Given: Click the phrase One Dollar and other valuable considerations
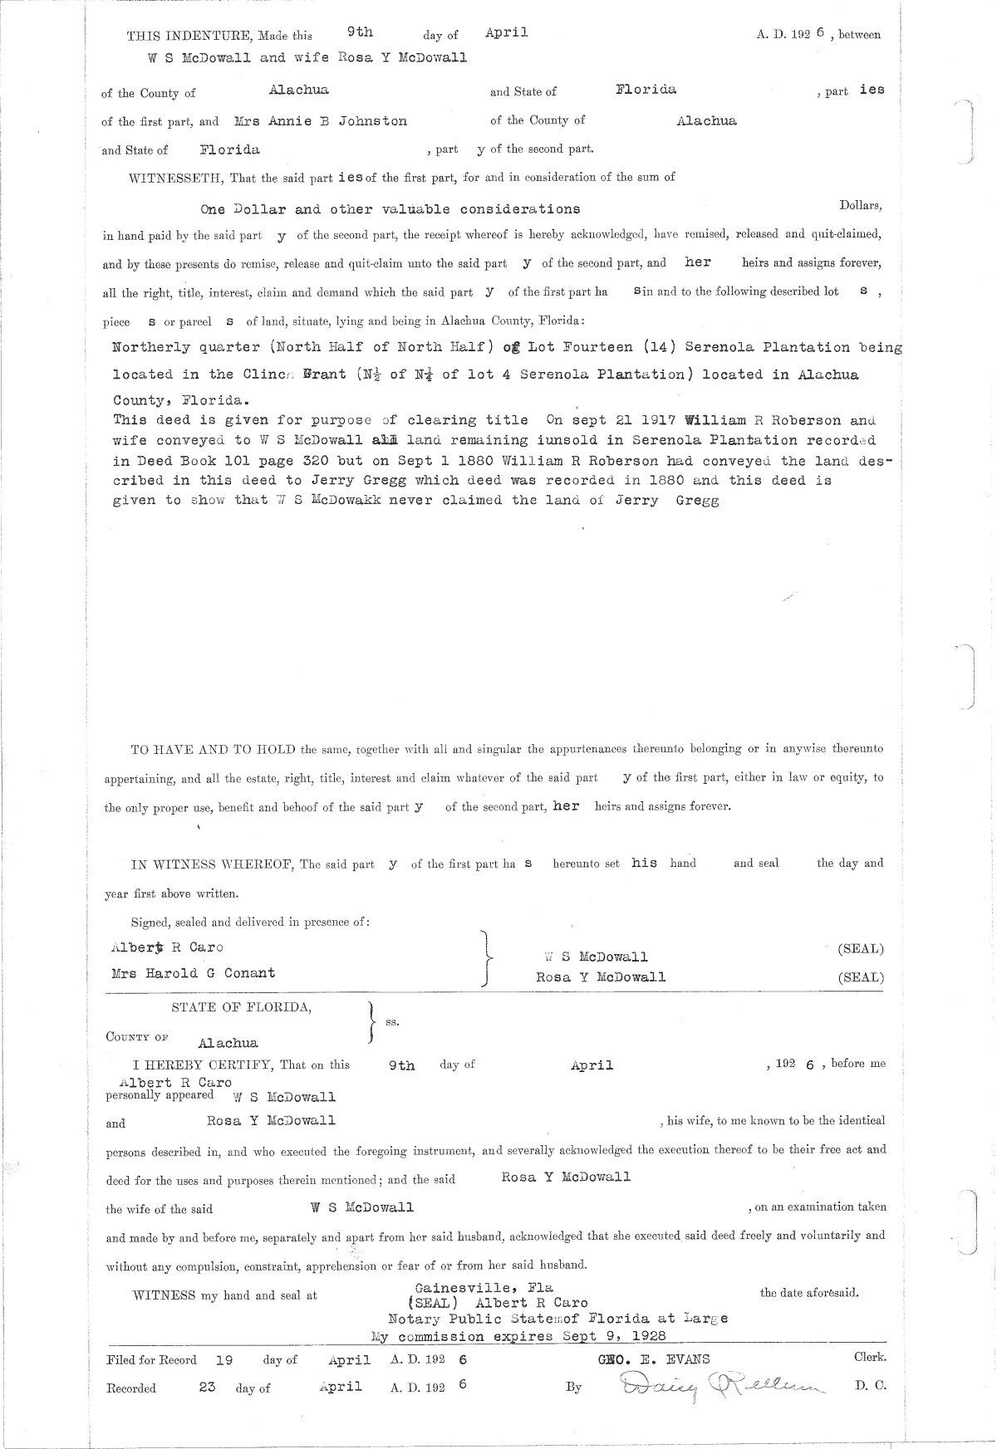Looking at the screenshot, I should pos(390,209).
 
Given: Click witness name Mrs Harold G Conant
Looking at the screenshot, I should pos(193,972).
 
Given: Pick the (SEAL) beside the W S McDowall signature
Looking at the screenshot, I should pos(861,948).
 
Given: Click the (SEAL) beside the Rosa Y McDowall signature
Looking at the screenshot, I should pos(861,977).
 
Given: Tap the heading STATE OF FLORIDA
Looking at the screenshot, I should pos(242,1007).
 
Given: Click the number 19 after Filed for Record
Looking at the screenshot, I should pos(223,1360).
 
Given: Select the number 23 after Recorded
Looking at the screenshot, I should pos(208,1387).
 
